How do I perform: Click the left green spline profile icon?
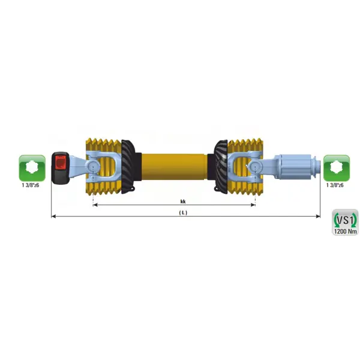(x=32, y=168)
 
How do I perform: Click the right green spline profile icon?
(x=337, y=168)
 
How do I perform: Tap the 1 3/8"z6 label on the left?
(x=31, y=185)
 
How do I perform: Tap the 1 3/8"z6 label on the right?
(x=335, y=185)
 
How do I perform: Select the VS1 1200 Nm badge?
(x=345, y=222)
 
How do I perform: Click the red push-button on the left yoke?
(x=61, y=163)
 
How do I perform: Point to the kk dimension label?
(x=183, y=202)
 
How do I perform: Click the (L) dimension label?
(x=183, y=213)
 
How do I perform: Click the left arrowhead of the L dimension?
(x=53, y=216)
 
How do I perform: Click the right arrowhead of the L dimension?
(x=318, y=216)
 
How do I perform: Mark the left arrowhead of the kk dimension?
(x=95, y=205)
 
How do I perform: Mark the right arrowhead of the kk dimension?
(x=253, y=205)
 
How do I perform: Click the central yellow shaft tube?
(x=175, y=166)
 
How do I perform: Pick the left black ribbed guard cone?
(x=128, y=167)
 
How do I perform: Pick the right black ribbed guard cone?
(x=221, y=166)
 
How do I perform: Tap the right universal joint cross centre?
(x=256, y=166)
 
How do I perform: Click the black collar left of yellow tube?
(x=139, y=166)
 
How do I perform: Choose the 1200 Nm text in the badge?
(x=346, y=231)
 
